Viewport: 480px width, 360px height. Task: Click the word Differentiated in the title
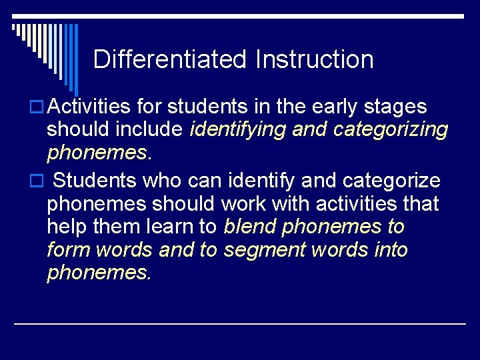point(171,59)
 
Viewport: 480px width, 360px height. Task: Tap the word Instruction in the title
point(314,59)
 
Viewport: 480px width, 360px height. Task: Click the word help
point(66,227)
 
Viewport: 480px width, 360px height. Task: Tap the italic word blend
point(251,227)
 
